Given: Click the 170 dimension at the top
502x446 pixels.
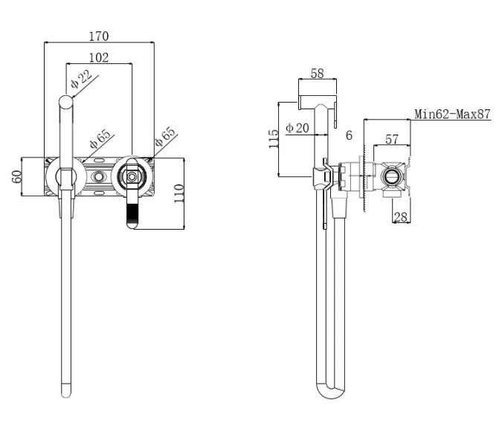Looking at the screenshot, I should click(x=99, y=35).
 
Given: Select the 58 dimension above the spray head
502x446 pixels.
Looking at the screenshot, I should click(x=317, y=73).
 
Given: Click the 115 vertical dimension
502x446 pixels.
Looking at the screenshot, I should click(x=274, y=139).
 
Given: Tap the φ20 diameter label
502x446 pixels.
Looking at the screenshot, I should click(x=298, y=129).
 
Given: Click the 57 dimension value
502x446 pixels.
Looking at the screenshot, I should click(x=392, y=138).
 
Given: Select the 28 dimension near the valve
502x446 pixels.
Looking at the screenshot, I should click(x=401, y=216).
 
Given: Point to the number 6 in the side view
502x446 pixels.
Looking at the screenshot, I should click(x=349, y=135).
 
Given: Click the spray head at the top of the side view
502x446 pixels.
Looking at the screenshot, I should click(x=317, y=100).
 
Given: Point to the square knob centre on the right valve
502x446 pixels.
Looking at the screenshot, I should click(x=132, y=178).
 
